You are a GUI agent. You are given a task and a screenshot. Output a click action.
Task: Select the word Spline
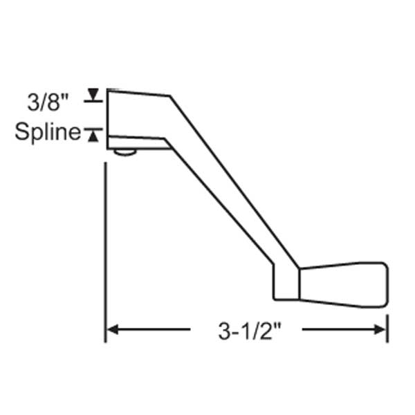pos(48,132)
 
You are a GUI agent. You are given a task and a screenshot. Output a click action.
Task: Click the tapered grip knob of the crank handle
pos(342,284)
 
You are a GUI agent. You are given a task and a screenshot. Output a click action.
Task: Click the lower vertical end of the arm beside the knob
pos(286,285)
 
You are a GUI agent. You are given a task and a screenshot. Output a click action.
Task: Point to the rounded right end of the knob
pos(383,284)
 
